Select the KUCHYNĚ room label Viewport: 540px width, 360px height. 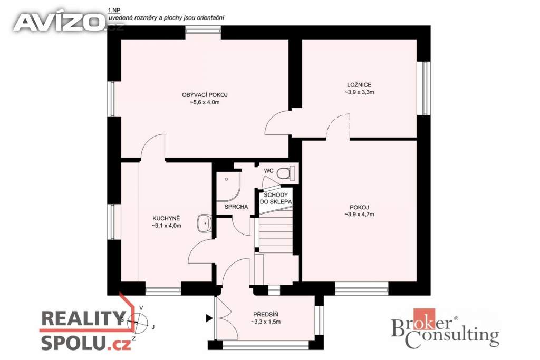pos(166,218)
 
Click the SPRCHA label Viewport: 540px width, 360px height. pos(236,207)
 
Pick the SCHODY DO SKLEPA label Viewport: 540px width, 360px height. pos(275,198)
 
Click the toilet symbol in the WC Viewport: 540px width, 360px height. pos(285,172)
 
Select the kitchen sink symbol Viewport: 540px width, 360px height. pos(204,223)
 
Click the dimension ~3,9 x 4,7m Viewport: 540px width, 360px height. pos(359,215)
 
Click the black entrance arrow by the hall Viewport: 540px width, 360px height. pos(209,318)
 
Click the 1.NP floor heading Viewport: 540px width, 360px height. pos(113,10)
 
